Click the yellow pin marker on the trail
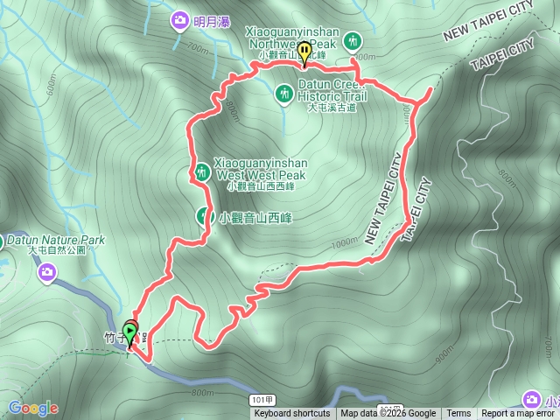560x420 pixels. pos(304,52)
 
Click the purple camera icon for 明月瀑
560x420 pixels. pos(179,19)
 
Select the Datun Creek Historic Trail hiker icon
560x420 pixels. pos(283,92)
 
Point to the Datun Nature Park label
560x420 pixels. pos(55,238)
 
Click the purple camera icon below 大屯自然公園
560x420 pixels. pos(45,275)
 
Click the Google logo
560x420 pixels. pos(33,408)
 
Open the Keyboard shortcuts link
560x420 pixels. pos(292,414)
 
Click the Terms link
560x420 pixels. pos(458,414)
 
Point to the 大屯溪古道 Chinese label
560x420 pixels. pos(332,108)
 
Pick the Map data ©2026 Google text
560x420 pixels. pos(388,414)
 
